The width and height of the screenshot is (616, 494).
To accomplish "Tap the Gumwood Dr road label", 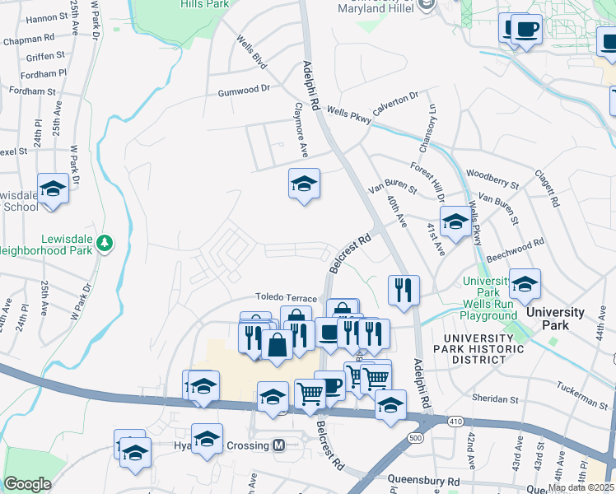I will [244, 89].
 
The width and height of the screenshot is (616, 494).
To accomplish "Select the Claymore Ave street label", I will [301, 131].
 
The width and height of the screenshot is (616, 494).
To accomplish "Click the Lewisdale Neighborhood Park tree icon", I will [105, 243].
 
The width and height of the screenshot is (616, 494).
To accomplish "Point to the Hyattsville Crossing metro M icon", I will [278, 445].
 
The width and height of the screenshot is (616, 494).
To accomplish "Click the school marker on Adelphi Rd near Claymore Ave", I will [304, 184].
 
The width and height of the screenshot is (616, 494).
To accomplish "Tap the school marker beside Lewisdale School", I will [53, 189].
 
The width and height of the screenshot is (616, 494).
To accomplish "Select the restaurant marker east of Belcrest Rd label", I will [404, 290].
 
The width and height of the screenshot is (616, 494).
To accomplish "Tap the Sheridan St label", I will [497, 399].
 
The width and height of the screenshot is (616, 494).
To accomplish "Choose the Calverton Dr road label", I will [395, 102].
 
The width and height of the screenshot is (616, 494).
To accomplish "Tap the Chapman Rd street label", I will [28, 39].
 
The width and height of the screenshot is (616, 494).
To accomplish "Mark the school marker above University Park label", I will [524, 284].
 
